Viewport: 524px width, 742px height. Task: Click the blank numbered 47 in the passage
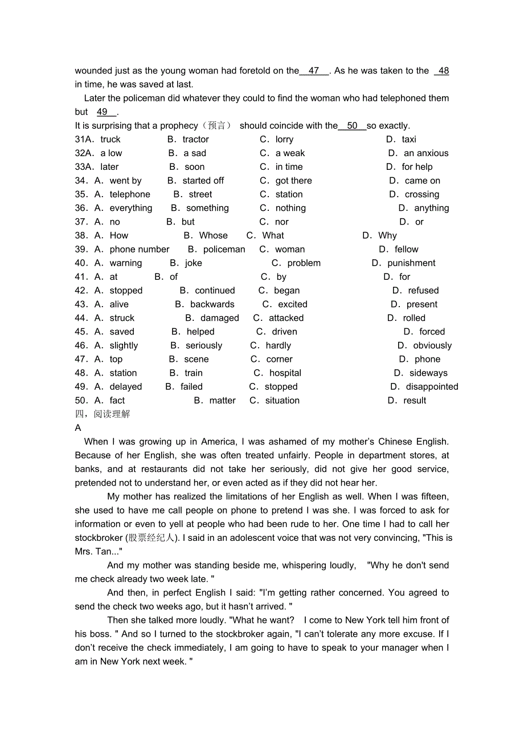[x=314, y=71]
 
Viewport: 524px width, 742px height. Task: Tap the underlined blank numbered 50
[x=352, y=125]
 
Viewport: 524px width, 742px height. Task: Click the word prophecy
[x=179, y=125]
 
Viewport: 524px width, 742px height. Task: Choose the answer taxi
[x=408, y=139]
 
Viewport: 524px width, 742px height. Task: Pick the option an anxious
[x=426, y=153]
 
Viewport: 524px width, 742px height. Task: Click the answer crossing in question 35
[x=421, y=194]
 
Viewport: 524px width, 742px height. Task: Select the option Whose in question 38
[x=213, y=235]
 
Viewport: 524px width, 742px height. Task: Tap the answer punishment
[x=411, y=263]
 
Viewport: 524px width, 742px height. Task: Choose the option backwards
[x=212, y=304]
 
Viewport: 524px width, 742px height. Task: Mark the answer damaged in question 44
[x=219, y=318]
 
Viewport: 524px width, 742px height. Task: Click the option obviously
[x=432, y=345]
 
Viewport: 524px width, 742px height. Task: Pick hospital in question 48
[x=285, y=373]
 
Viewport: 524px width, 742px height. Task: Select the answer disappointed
[x=432, y=386]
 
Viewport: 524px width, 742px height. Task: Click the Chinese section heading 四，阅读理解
[x=103, y=414]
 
